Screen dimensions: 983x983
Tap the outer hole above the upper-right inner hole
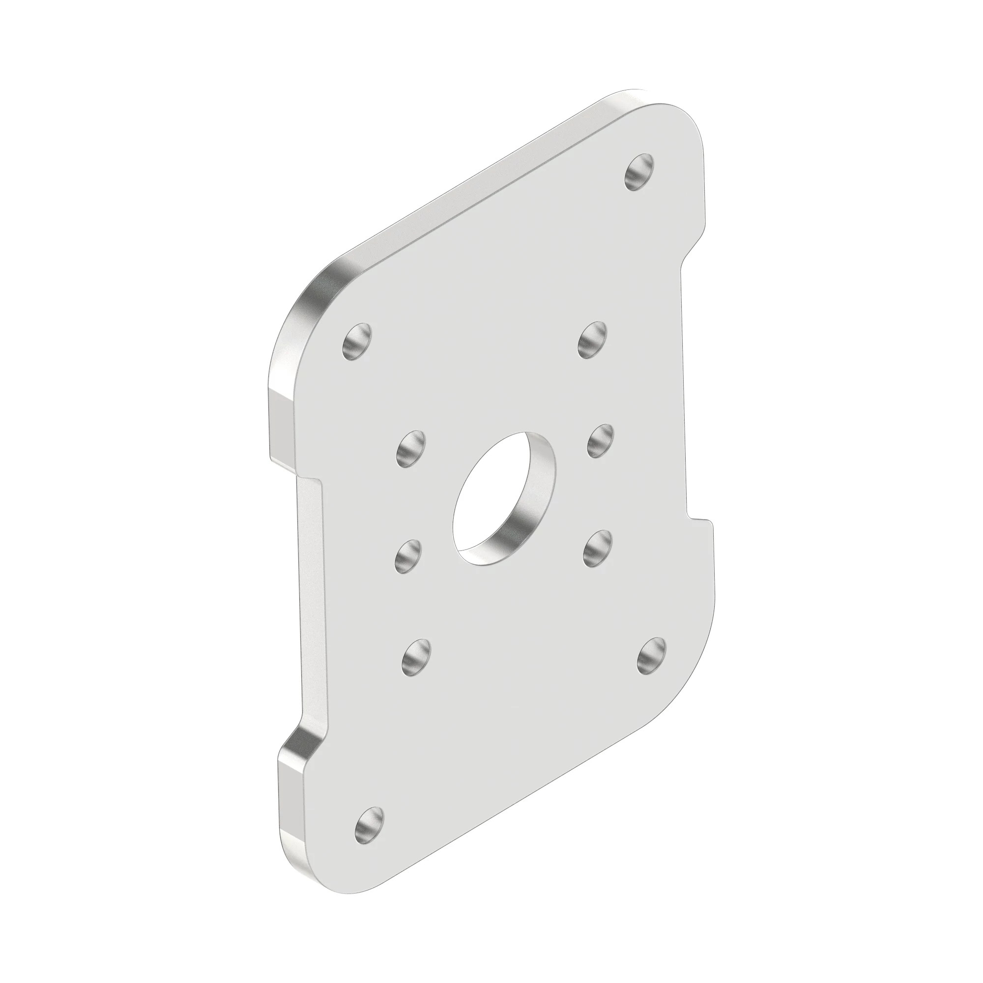coord(593,340)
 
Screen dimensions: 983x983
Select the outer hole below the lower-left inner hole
coord(416,657)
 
